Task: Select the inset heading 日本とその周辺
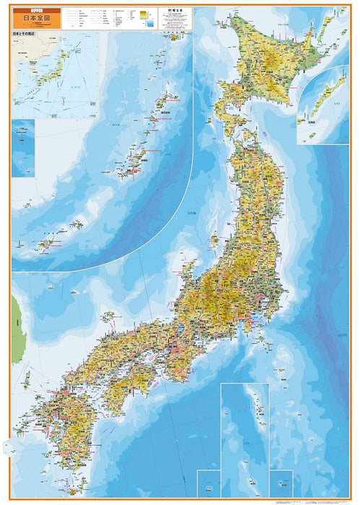pyautogui.click(x=26, y=34)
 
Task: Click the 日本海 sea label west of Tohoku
pyautogui.click(x=190, y=214)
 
